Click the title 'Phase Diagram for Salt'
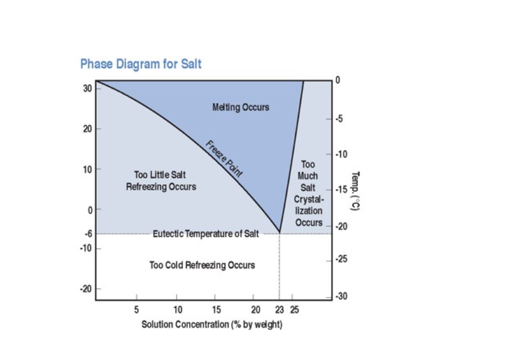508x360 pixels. tap(141, 64)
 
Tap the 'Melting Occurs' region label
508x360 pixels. tap(241, 107)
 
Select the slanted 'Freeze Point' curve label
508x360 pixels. tap(224, 159)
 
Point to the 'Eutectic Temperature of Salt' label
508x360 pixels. tap(206, 234)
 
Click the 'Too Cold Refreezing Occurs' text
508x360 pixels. tap(202, 265)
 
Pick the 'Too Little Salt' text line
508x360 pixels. tap(160, 175)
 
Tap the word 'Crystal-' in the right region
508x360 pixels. tap(309, 199)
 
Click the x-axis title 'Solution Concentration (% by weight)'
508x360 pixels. tap(212, 324)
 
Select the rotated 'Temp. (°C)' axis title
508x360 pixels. tap(355, 191)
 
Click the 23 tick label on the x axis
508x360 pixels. tap(280, 310)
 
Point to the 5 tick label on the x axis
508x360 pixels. tap(137, 310)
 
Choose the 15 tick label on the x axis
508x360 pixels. tap(217, 310)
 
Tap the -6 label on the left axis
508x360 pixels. tap(88, 234)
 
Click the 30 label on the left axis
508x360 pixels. tap(87, 88)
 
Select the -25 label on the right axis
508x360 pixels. tap(341, 259)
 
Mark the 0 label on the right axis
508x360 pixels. tap(338, 80)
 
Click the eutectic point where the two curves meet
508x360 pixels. tap(279, 232)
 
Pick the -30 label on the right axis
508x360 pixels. tap(341, 296)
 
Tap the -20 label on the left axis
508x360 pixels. tap(86, 289)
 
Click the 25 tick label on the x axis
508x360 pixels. tap(294, 310)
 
